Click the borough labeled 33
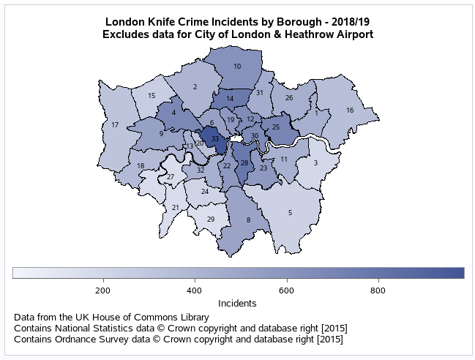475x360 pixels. [214, 138]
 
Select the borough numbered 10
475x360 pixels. [237, 67]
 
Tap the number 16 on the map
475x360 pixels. [350, 110]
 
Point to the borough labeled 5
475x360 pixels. [291, 212]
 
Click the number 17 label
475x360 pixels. [115, 125]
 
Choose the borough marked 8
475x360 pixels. [248, 220]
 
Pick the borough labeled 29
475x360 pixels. [211, 220]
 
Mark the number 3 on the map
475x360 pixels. [315, 163]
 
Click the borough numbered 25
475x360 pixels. [276, 127]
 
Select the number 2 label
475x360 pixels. [195, 87]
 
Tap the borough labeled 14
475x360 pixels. [230, 99]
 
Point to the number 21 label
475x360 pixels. [176, 208]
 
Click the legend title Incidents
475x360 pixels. [237, 302]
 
